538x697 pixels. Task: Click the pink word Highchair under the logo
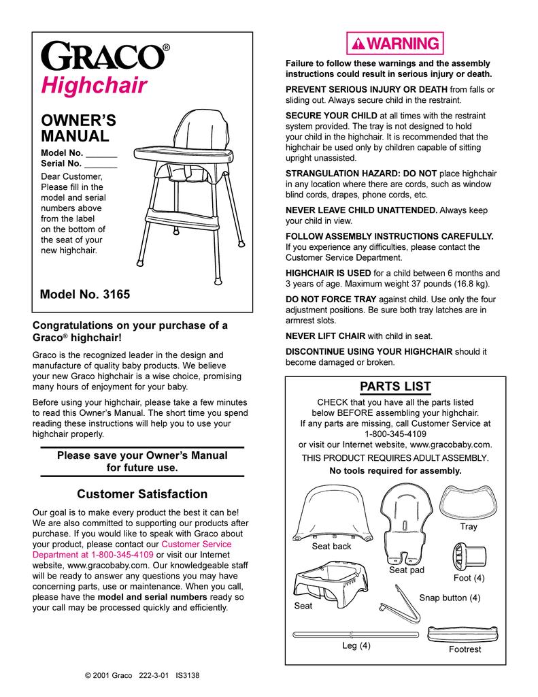[x=94, y=86]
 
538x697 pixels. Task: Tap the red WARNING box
[x=395, y=44]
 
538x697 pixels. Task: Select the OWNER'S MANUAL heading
[x=78, y=128]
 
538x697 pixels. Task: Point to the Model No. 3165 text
[x=85, y=295]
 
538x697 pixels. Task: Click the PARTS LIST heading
[x=395, y=387]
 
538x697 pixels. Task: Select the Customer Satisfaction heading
[x=142, y=493]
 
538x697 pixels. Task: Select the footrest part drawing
[x=465, y=634]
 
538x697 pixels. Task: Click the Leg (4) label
[x=356, y=645]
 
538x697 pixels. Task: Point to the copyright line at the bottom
[x=141, y=675]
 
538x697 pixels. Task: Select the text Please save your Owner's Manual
[x=142, y=455]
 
